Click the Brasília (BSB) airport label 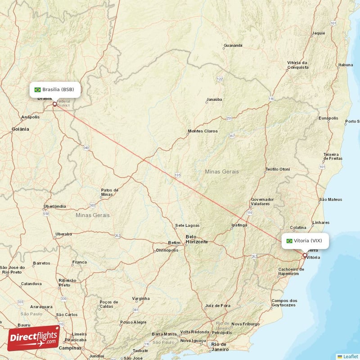(55, 90)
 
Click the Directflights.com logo (34, 338)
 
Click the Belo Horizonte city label (197, 239)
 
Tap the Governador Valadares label (262, 201)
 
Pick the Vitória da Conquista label (297, 65)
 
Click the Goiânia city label (21, 129)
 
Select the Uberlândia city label (55, 207)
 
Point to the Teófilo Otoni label (278, 169)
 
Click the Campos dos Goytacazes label (284, 302)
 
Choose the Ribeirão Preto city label (64, 282)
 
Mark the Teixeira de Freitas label (333, 157)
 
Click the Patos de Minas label (109, 192)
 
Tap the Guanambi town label (233, 45)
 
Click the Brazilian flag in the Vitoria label (289, 241)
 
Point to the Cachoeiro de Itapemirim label (288, 271)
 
